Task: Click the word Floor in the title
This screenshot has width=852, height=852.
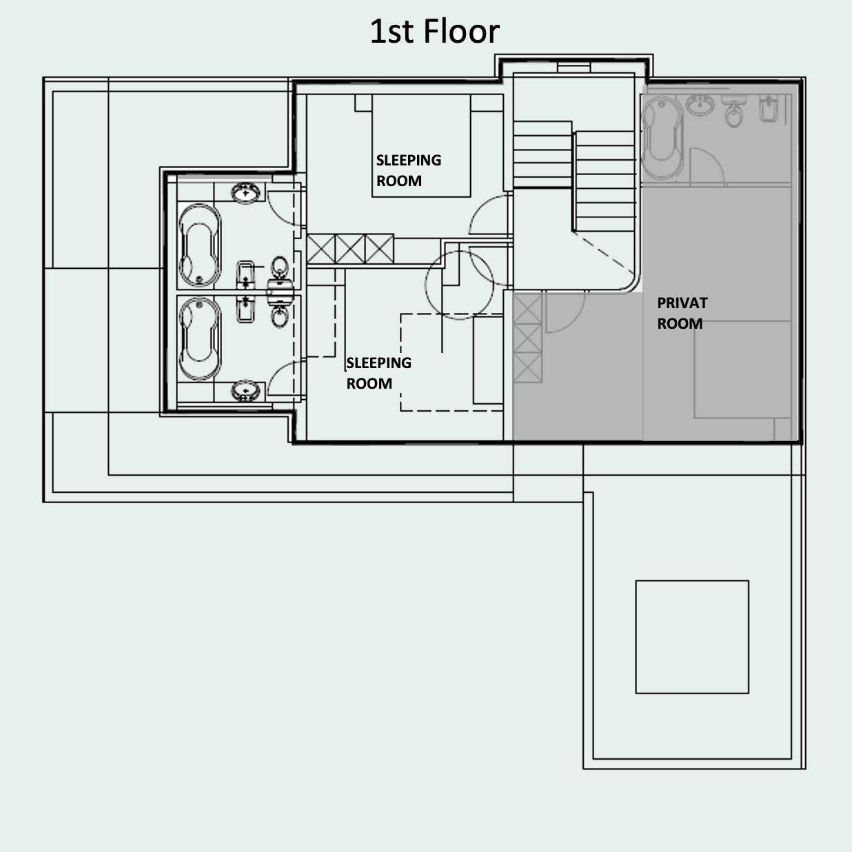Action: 461,32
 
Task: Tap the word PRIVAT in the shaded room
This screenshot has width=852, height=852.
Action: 682,303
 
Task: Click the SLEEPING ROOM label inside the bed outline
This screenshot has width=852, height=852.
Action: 409,170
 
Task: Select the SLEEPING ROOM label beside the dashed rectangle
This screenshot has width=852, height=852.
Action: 378,373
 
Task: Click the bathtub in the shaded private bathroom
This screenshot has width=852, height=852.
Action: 662,137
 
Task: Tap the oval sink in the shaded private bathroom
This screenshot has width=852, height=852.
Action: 700,105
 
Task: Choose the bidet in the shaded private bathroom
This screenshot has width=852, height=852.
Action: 769,109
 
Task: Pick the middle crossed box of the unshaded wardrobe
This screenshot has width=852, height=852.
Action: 350,250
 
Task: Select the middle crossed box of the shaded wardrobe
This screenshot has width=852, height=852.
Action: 527,338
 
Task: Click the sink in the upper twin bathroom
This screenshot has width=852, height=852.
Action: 246,193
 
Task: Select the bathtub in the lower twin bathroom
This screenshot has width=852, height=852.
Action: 200,339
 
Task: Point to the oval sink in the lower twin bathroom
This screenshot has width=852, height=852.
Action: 246,390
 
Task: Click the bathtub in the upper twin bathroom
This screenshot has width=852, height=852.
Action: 200,245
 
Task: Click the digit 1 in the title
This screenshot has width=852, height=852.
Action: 376,32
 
